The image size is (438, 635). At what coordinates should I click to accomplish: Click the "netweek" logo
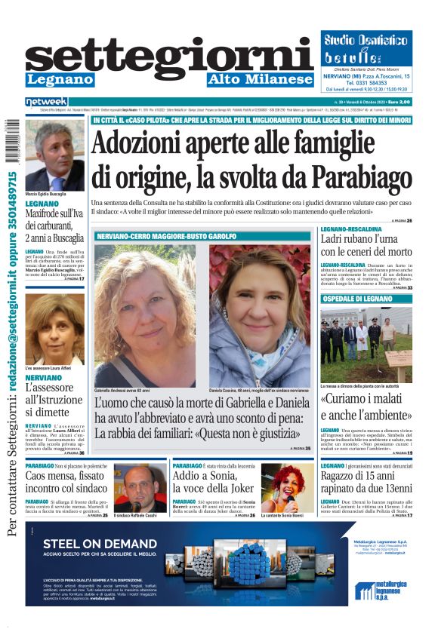(46, 102)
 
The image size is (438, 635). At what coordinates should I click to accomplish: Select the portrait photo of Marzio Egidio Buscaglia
(54, 155)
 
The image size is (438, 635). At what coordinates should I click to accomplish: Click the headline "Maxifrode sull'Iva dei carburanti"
(54, 225)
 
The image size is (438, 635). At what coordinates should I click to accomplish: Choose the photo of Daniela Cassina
(260, 315)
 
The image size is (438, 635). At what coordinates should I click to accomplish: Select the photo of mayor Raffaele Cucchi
(140, 486)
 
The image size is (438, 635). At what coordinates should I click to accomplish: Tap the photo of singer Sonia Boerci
(287, 486)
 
